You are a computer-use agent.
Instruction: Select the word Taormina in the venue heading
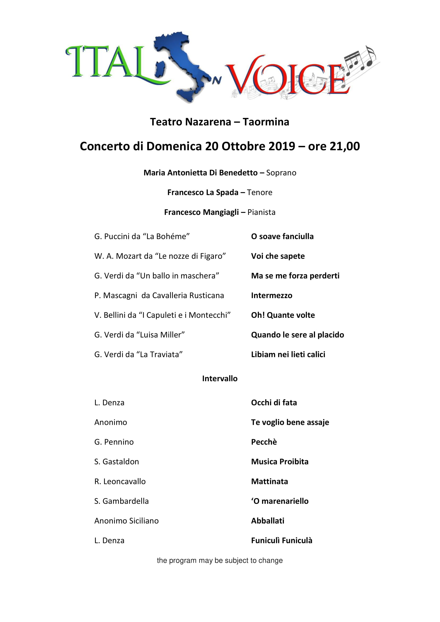tap(266, 122)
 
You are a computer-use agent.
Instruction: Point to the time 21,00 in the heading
tap(344, 146)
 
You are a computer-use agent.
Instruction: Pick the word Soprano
tap(281, 173)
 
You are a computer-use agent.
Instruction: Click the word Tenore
tap(260, 192)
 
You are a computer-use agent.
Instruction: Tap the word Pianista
tap(261, 212)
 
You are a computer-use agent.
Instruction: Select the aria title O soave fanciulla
tap(282, 236)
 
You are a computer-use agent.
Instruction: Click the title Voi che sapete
tap(278, 256)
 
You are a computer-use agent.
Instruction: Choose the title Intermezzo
tap(272, 295)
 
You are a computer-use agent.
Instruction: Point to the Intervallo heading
tap(220, 378)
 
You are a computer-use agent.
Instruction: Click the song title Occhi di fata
tap(274, 403)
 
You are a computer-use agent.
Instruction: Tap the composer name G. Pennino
tap(114, 442)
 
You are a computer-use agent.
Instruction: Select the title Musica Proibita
tap(280, 462)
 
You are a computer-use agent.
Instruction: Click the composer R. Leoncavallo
tap(120, 481)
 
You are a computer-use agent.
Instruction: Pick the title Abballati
tap(267, 521)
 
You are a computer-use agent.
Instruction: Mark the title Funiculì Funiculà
tap(281, 540)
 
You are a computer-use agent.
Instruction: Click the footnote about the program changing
tap(220, 560)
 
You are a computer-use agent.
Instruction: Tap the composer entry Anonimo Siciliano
tap(126, 521)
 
